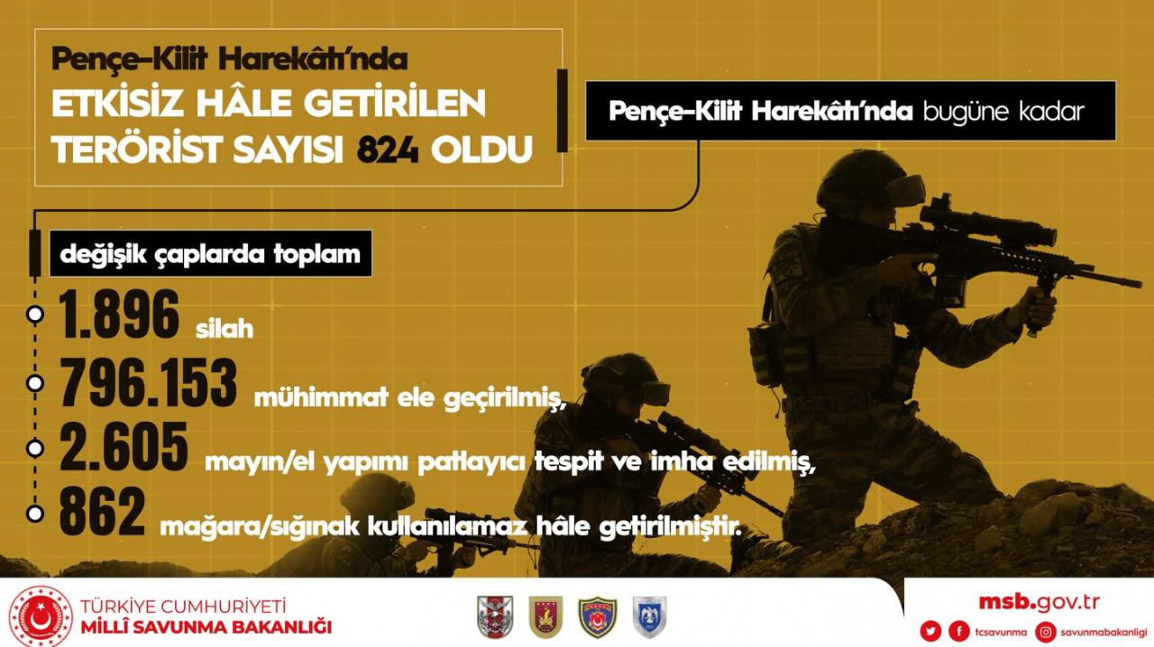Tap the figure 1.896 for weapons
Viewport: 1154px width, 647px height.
coord(119,314)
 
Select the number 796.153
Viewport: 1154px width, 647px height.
coord(149,382)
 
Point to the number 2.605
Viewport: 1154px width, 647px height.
coord(124,447)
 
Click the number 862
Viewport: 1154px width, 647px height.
coord(102,512)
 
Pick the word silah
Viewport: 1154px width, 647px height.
coord(224,329)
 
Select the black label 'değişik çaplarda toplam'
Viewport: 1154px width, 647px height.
coord(210,254)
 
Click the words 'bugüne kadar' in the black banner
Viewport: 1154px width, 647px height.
coord(1003,112)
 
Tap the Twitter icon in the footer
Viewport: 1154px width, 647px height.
coord(930,631)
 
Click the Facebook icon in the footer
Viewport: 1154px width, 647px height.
coord(959,631)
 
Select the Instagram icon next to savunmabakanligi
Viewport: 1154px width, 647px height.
coord(1045,632)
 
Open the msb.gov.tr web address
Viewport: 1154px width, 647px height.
coord(1040,602)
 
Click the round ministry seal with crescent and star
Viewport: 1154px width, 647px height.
coord(41,617)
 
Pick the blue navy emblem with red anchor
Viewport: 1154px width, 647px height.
coord(597,617)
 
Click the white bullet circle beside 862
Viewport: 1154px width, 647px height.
coord(35,514)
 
